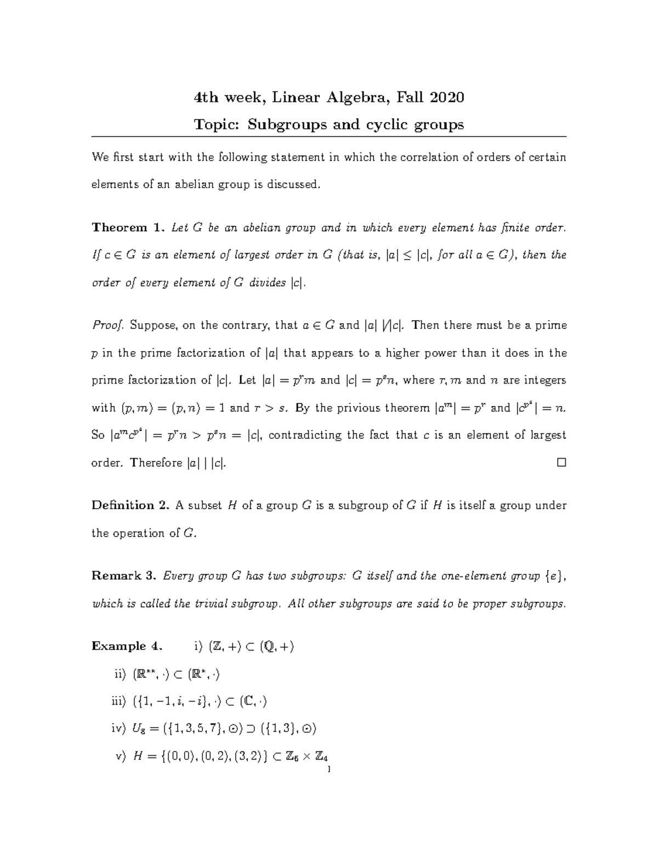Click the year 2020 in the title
(x=447, y=98)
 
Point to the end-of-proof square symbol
(x=561, y=462)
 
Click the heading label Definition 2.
(x=131, y=505)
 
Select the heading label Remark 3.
(x=124, y=576)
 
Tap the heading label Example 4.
(x=127, y=646)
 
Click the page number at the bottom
(x=327, y=770)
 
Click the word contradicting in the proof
(x=300, y=436)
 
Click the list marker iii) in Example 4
(x=119, y=701)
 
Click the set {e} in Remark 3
(x=554, y=576)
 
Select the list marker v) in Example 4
(x=121, y=757)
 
